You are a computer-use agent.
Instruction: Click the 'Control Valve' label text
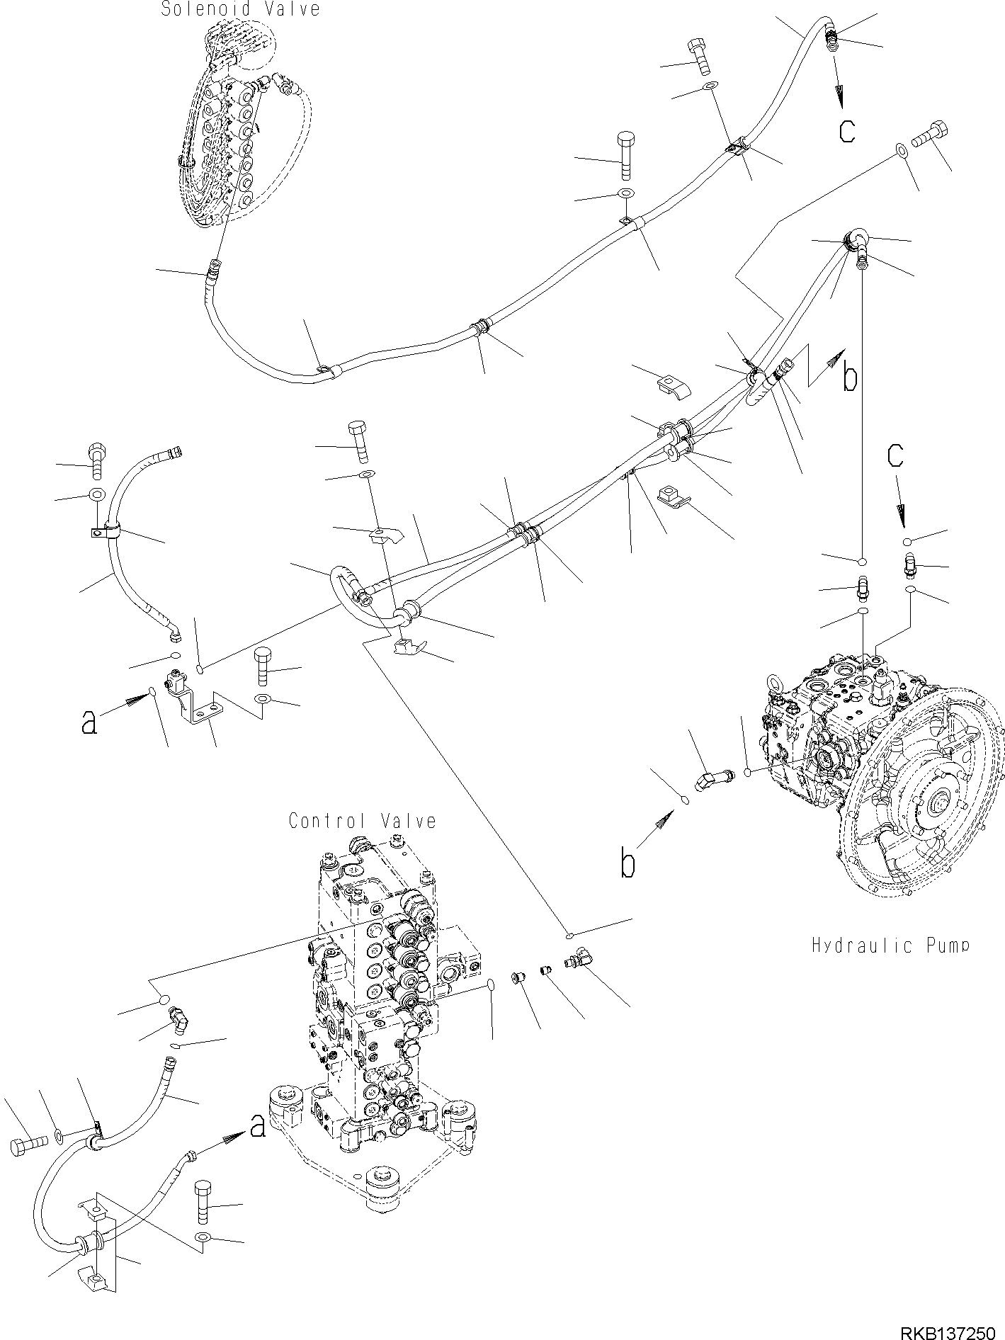click(362, 821)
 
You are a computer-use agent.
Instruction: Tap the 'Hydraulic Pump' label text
click(890, 945)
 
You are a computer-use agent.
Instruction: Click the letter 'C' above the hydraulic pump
click(896, 455)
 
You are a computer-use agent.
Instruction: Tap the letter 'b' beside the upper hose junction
click(849, 378)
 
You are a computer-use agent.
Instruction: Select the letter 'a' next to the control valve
click(258, 1125)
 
